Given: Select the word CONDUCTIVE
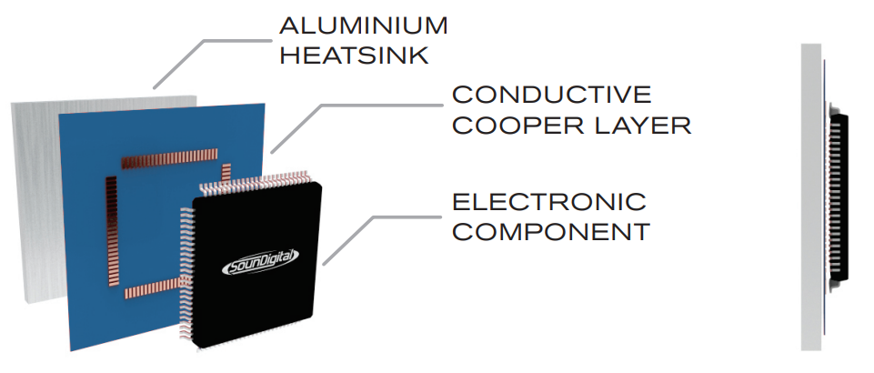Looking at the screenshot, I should (551, 95).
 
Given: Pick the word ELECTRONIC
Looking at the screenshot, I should (548, 201).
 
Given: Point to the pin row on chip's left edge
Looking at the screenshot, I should (189, 264).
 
